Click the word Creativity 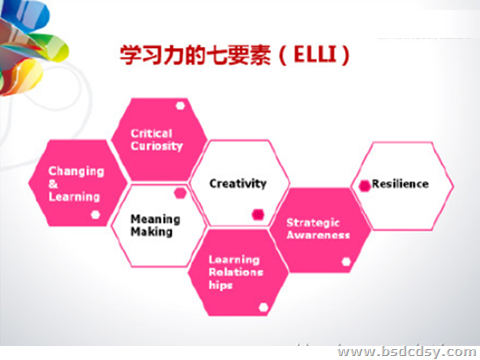238,183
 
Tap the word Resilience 400,184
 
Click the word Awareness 318,236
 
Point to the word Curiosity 156,146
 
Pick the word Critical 152,133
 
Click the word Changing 75,171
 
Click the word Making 151,232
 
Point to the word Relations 233,272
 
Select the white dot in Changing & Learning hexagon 94,214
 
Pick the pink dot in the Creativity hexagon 257,213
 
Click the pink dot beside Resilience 364,184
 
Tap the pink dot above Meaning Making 180,192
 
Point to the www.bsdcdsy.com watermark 404,351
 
